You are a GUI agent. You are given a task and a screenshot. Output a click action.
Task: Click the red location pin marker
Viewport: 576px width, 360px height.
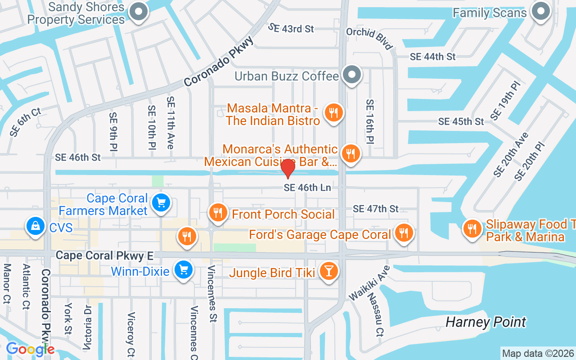tap(288, 168)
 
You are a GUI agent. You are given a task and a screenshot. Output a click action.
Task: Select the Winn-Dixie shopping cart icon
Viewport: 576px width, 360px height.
tap(184, 270)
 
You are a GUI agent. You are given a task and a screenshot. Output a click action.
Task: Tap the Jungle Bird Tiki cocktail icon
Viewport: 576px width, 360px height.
tap(328, 271)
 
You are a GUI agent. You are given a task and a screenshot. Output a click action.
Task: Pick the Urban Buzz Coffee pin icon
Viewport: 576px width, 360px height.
tap(352, 75)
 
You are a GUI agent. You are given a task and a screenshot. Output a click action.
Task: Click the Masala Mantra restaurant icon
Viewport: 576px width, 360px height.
tap(333, 112)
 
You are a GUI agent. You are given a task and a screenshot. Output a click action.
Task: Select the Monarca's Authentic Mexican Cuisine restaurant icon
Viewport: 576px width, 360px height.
tap(350, 153)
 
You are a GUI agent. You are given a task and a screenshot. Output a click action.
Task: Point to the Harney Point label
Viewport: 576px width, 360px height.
tap(486, 322)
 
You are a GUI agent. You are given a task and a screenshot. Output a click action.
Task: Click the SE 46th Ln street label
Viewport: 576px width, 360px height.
tap(307, 188)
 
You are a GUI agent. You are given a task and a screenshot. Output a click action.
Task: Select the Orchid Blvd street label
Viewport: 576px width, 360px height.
tap(369, 38)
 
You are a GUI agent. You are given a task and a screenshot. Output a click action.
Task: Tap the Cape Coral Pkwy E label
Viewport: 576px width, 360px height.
tap(104, 256)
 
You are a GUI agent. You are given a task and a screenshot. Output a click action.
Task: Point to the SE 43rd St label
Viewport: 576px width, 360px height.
tap(291, 28)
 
